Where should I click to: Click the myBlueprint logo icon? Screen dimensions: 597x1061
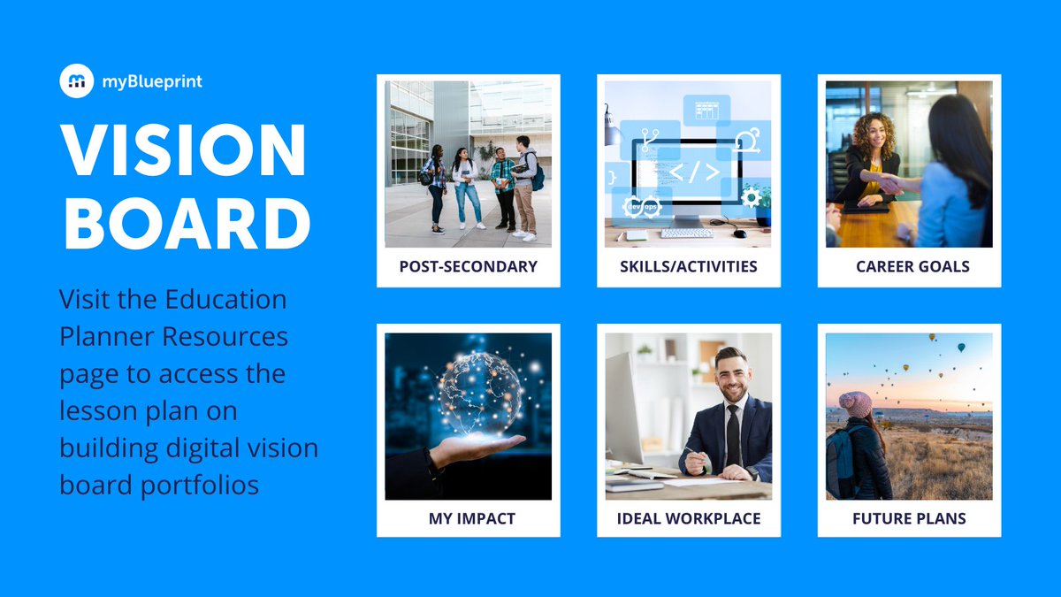[x=77, y=81]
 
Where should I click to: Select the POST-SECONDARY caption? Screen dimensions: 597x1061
[x=468, y=266]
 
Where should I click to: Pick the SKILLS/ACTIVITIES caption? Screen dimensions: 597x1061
[x=688, y=266]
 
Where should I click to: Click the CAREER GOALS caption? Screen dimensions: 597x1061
[x=912, y=266]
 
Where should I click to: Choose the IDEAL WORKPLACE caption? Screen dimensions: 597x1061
[x=689, y=518]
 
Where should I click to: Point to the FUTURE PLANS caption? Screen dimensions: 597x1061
[x=909, y=518]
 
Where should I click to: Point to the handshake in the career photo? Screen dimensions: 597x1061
[x=889, y=184]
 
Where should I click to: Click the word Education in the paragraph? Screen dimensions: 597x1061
[x=226, y=299]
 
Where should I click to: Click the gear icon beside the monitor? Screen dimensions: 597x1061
[x=751, y=196]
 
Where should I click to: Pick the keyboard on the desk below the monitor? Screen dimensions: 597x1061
[x=686, y=233]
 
